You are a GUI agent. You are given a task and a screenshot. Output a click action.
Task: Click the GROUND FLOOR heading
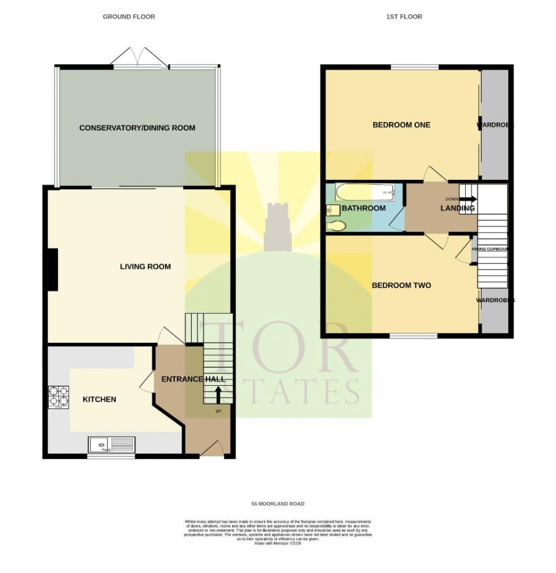129,17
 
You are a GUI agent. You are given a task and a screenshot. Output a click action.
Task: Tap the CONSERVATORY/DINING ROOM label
137,128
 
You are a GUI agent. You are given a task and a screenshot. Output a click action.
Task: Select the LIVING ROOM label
145,267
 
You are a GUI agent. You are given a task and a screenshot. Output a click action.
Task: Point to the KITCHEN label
99,399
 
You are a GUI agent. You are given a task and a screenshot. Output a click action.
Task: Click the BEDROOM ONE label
401,125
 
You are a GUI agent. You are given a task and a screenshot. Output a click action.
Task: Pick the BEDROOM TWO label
401,285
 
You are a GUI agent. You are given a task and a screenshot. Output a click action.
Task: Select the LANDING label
457,208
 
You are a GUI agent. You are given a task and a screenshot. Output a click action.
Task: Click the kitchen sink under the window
111,445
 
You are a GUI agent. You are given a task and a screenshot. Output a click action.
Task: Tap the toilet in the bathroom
336,226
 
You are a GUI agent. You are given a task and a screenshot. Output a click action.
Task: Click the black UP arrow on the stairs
218,393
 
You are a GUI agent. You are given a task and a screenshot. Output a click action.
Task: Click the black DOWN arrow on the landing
468,199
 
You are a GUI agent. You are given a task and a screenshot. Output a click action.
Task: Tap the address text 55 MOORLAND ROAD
278,504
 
